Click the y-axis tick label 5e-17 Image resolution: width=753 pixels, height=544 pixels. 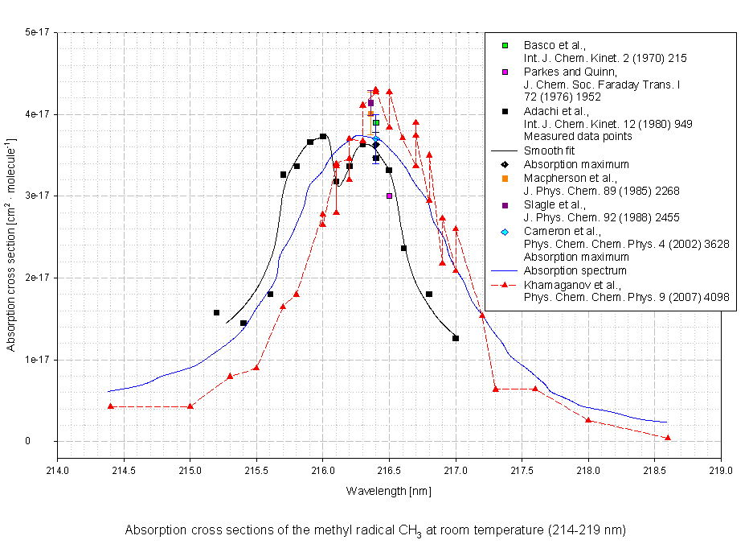pyautogui.click(x=38, y=32)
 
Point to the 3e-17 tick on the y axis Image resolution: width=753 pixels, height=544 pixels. pyautogui.click(x=38, y=196)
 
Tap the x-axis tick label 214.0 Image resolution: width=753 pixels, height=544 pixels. pyautogui.click(x=57, y=472)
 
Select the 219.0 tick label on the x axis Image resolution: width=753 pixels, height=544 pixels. pyautogui.click(x=721, y=472)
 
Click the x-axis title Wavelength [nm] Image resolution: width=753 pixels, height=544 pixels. pyautogui.click(x=388, y=490)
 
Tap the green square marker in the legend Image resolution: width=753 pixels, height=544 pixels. pyautogui.click(x=505, y=45)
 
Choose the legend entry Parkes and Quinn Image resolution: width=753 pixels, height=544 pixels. pyautogui.click(x=563, y=72)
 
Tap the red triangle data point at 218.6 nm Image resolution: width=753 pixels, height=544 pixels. pyautogui.click(x=668, y=438)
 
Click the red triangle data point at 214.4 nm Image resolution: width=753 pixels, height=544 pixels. pyautogui.click(x=110, y=406)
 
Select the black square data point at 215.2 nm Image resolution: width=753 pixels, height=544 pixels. pyautogui.click(x=216, y=312)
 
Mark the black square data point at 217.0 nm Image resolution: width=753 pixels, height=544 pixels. pyautogui.click(x=456, y=338)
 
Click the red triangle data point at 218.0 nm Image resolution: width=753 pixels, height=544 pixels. pyautogui.click(x=588, y=419)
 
